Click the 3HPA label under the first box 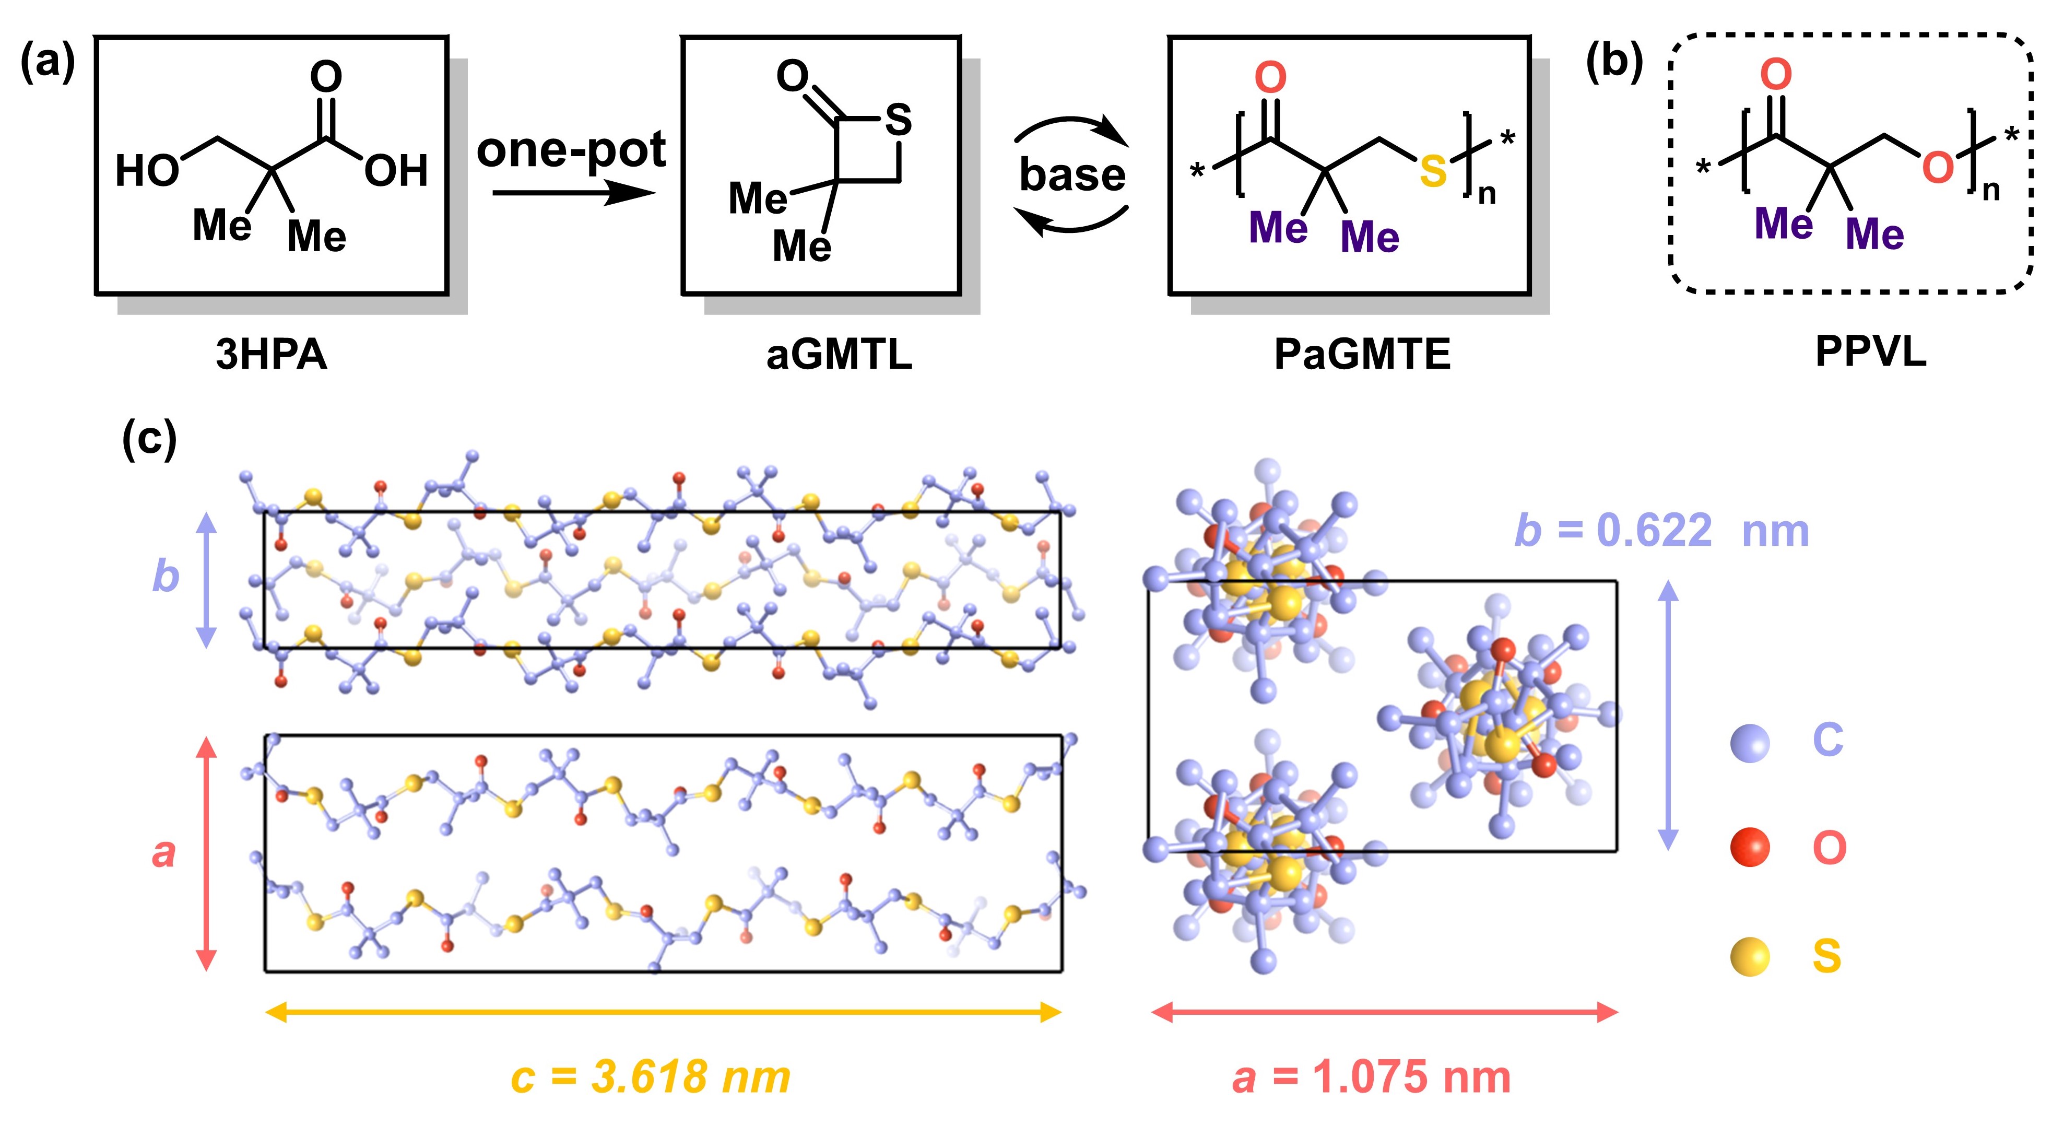[x=271, y=354]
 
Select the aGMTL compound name [x=839, y=354]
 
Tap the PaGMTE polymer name [x=1362, y=354]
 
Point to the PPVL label [x=1871, y=351]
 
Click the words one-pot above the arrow [x=571, y=150]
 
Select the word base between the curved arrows [x=1072, y=174]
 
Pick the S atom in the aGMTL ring [x=898, y=120]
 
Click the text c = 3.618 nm [x=651, y=1076]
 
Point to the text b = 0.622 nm [x=1661, y=531]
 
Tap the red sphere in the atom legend [x=1750, y=848]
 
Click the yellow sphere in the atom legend [x=1750, y=956]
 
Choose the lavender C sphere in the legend [x=1750, y=742]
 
